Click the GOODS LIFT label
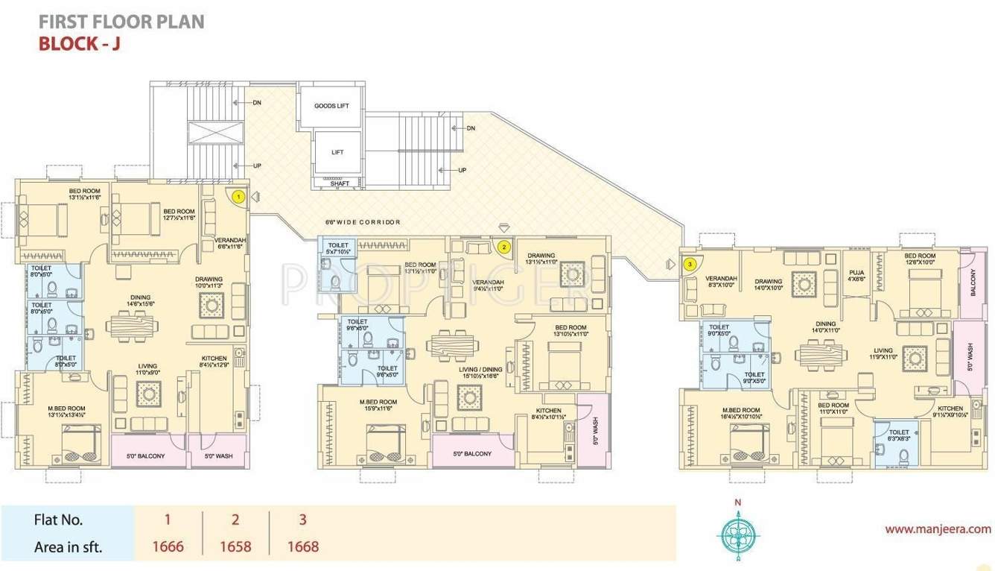pos(331,106)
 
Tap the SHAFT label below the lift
pos(340,183)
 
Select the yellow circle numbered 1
pos(238,197)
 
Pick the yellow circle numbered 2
pos(504,246)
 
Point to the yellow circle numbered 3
pos(690,263)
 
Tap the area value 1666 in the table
pos(168,546)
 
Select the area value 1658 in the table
pos(235,546)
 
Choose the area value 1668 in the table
pos(303,546)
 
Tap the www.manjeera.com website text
pos(938,529)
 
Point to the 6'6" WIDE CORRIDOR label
pos(363,222)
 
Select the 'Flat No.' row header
pos(59,520)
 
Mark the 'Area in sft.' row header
pos(69,547)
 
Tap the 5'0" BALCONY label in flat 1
pos(147,455)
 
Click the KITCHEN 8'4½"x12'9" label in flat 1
pos(214,362)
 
